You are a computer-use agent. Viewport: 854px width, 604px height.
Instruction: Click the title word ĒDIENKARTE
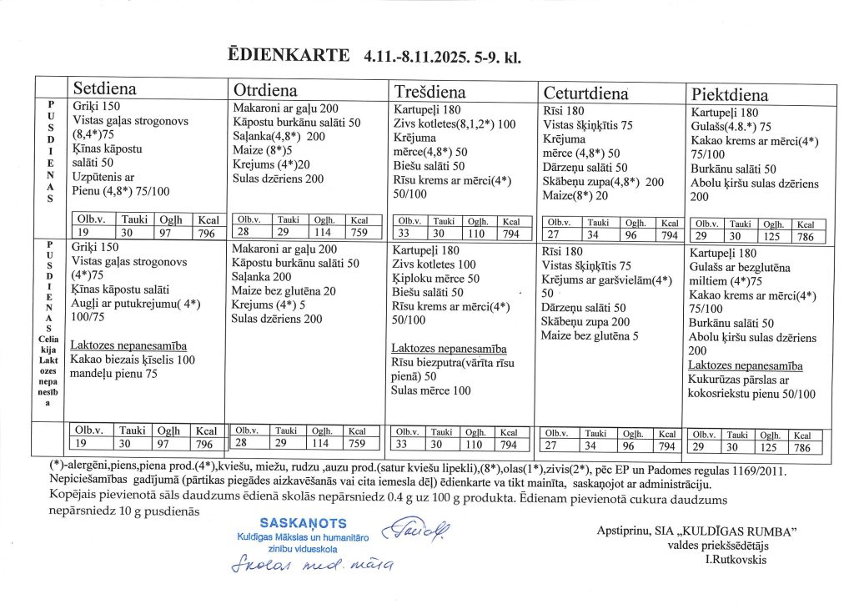coord(289,56)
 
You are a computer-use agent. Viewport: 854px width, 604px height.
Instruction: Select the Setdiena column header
coord(105,89)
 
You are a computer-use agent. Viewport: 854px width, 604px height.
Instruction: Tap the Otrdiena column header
coord(264,90)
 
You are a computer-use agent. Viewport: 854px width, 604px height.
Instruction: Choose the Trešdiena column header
coord(430,92)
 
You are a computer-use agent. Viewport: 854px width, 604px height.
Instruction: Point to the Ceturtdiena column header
coord(585,93)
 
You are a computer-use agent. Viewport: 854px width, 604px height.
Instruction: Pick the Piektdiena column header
coord(730,94)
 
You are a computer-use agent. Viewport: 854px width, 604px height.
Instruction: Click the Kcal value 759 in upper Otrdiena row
coord(360,233)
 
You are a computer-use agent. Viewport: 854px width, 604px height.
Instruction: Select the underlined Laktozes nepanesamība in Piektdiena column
coord(746,365)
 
